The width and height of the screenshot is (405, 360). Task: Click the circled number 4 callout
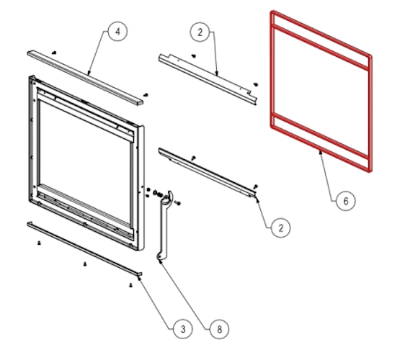(x=117, y=32)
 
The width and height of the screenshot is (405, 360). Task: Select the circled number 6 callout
(x=346, y=201)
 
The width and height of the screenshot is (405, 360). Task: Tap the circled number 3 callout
(x=183, y=329)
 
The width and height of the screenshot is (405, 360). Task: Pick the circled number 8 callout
(x=219, y=329)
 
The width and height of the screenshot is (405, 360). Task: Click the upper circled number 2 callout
(x=200, y=32)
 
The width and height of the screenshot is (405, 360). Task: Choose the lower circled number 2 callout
(x=281, y=228)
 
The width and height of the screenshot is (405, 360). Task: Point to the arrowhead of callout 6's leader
(x=321, y=153)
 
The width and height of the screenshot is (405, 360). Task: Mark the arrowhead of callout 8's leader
(x=161, y=261)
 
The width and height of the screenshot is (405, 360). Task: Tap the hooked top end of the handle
(x=169, y=194)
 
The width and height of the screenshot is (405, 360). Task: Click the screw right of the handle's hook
(x=178, y=203)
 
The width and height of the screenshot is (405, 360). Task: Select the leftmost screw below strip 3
(x=39, y=243)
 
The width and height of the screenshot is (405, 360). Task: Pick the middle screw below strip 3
(x=85, y=264)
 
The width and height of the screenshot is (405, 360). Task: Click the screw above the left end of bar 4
(x=54, y=53)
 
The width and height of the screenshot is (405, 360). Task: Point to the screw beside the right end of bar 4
(x=146, y=95)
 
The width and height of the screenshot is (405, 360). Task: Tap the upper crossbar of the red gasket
(x=321, y=48)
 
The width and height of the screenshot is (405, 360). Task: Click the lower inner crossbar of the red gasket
(x=320, y=135)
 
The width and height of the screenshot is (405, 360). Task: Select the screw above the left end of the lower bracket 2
(x=193, y=158)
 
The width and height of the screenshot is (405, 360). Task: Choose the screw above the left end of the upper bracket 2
(x=194, y=55)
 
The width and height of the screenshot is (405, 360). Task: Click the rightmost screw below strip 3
(x=131, y=285)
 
